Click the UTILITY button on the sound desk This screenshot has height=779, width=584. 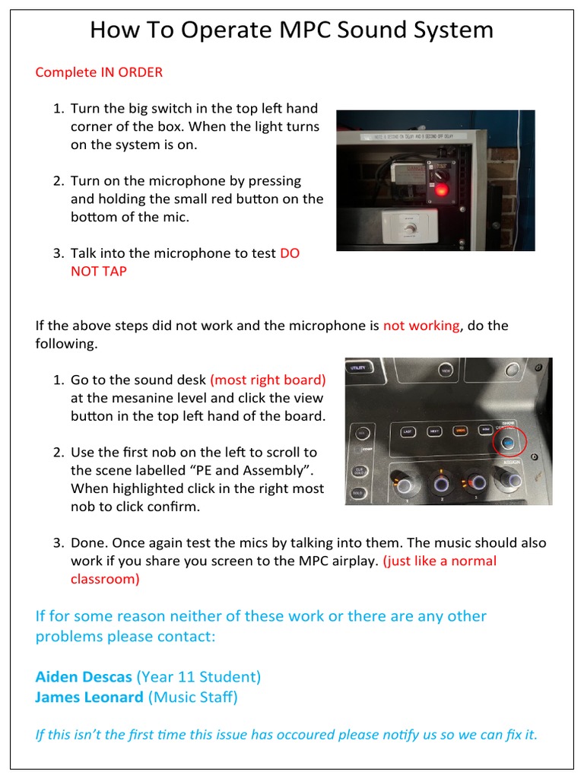pyautogui.click(x=357, y=368)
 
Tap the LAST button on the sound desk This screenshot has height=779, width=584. pyautogui.click(x=407, y=431)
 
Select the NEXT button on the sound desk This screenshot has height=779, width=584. pyautogui.click(x=433, y=431)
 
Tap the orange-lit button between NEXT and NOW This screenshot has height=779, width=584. pyautogui.click(x=459, y=431)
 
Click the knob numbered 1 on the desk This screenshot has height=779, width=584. pyautogui.click(x=405, y=485)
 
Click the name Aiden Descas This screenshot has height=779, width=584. pyautogui.click(x=84, y=676)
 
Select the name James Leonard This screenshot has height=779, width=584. pyautogui.click(x=89, y=696)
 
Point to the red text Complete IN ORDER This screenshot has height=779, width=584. pyautogui.click(x=99, y=72)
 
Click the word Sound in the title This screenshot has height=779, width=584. pyautogui.click(x=375, y=30)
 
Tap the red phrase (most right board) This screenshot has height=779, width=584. pyautogui.click(x=268, y=380)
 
